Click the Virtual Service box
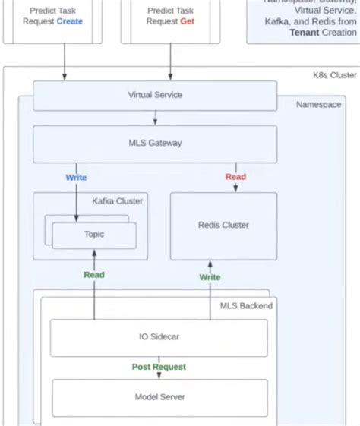(155, 96)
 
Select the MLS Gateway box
(155, 144)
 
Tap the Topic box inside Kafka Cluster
(94, 235)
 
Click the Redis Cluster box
(223, 226)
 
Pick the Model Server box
(159, 397)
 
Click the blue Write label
(76, 178)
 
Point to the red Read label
(235, 177)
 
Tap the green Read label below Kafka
(94, 275)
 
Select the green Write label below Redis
(210, 277)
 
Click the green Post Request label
(159, 367)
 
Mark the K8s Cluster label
(334, 76)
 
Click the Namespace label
(318, 104)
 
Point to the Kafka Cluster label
(117, 201)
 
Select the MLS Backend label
(246, 305)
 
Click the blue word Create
(70, 21)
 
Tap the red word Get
(188, 21)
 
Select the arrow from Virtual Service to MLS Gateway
(156, 118)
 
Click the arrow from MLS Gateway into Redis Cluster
(235, 187)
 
